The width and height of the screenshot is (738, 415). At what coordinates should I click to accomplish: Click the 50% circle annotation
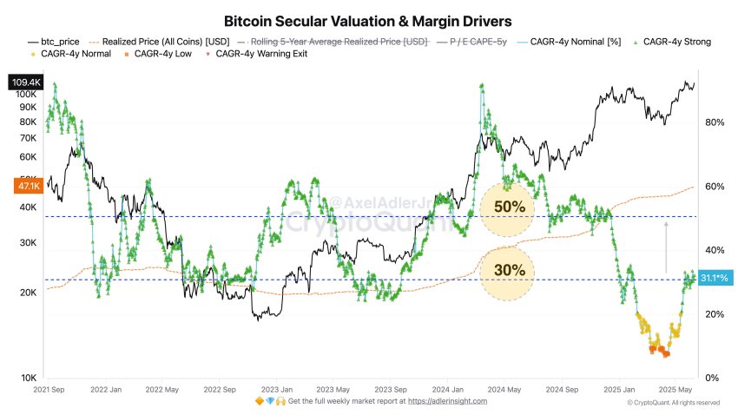[509, 208]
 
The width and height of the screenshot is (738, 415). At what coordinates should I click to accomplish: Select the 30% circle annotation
[509, 270]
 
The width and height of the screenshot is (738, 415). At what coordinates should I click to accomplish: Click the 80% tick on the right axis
[714, 122]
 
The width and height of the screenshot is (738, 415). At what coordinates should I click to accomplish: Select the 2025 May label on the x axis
[674, 390]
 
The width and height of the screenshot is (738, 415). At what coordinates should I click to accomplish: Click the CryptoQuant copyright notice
[673, 403]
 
